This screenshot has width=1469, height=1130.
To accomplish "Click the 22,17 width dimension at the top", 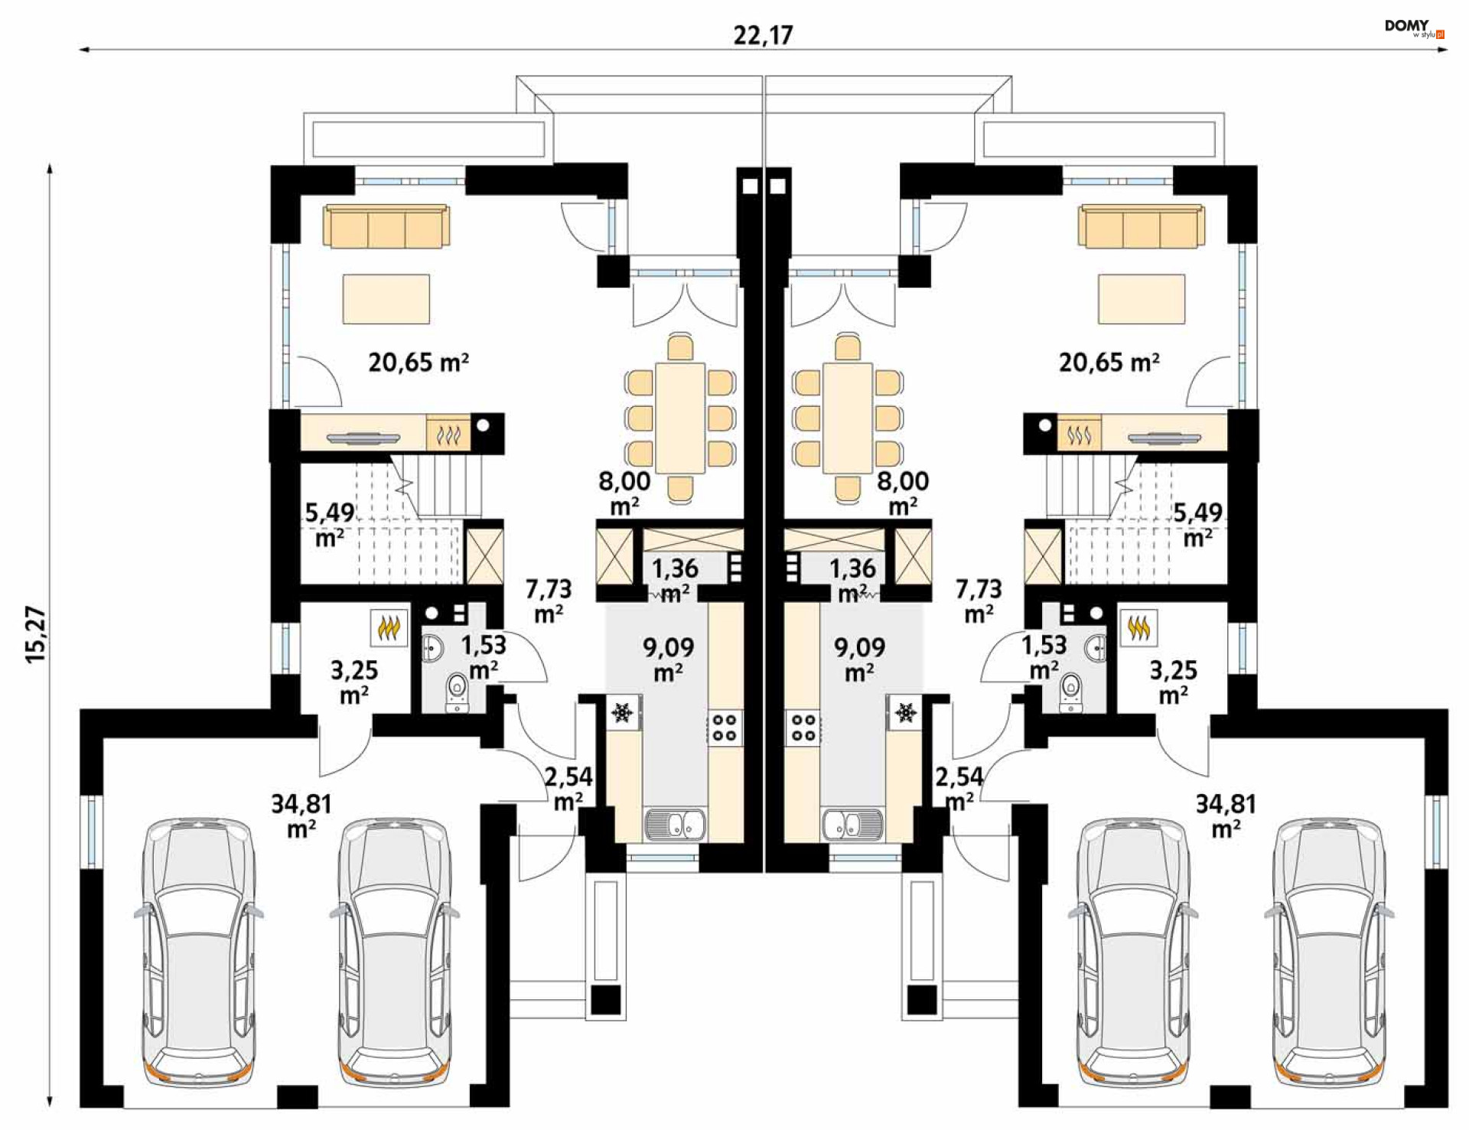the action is point(763,35).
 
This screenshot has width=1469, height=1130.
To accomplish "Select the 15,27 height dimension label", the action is point(36,634).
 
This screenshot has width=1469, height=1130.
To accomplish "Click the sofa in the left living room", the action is point(386,226).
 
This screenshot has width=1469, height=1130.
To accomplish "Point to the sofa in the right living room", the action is point(1141,226).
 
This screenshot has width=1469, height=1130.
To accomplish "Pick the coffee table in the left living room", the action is point(386,299).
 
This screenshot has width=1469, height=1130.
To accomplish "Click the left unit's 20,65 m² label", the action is point(419,362).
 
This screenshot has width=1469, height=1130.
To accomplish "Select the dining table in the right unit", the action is point(848,418).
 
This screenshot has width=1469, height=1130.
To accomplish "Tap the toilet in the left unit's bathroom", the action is point(458,692).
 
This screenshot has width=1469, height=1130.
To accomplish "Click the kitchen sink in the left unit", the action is point(676,825).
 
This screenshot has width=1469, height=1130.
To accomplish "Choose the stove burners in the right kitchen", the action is point(803,727).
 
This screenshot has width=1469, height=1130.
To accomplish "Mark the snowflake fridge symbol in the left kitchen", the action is point(622,712).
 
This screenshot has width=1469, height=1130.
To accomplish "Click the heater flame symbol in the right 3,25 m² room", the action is point(1138,628).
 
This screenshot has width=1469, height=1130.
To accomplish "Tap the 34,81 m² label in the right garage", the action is point(1226,816).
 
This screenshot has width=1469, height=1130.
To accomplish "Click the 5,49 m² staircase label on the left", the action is point(330,525).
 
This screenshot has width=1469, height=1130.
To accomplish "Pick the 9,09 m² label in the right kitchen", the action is point(859,659).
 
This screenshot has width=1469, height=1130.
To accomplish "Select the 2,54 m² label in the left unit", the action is point(568,789).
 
